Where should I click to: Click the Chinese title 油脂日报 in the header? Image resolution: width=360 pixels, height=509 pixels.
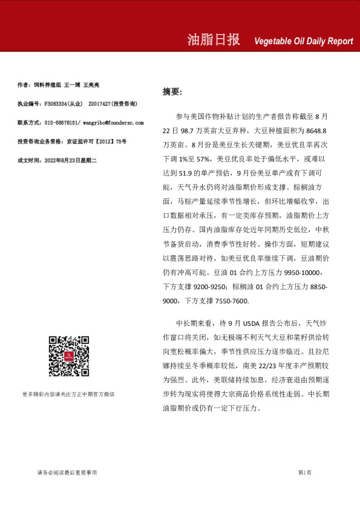point(214,40)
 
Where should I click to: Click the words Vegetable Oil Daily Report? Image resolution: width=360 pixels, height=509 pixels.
point(304,41)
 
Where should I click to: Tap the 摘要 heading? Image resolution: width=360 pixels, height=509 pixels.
point(172,92)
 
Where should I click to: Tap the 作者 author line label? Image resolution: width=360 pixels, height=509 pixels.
point(24,85)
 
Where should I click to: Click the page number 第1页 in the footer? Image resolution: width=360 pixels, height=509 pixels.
point(304,472)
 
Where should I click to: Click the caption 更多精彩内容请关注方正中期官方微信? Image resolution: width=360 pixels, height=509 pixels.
point(68,394)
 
